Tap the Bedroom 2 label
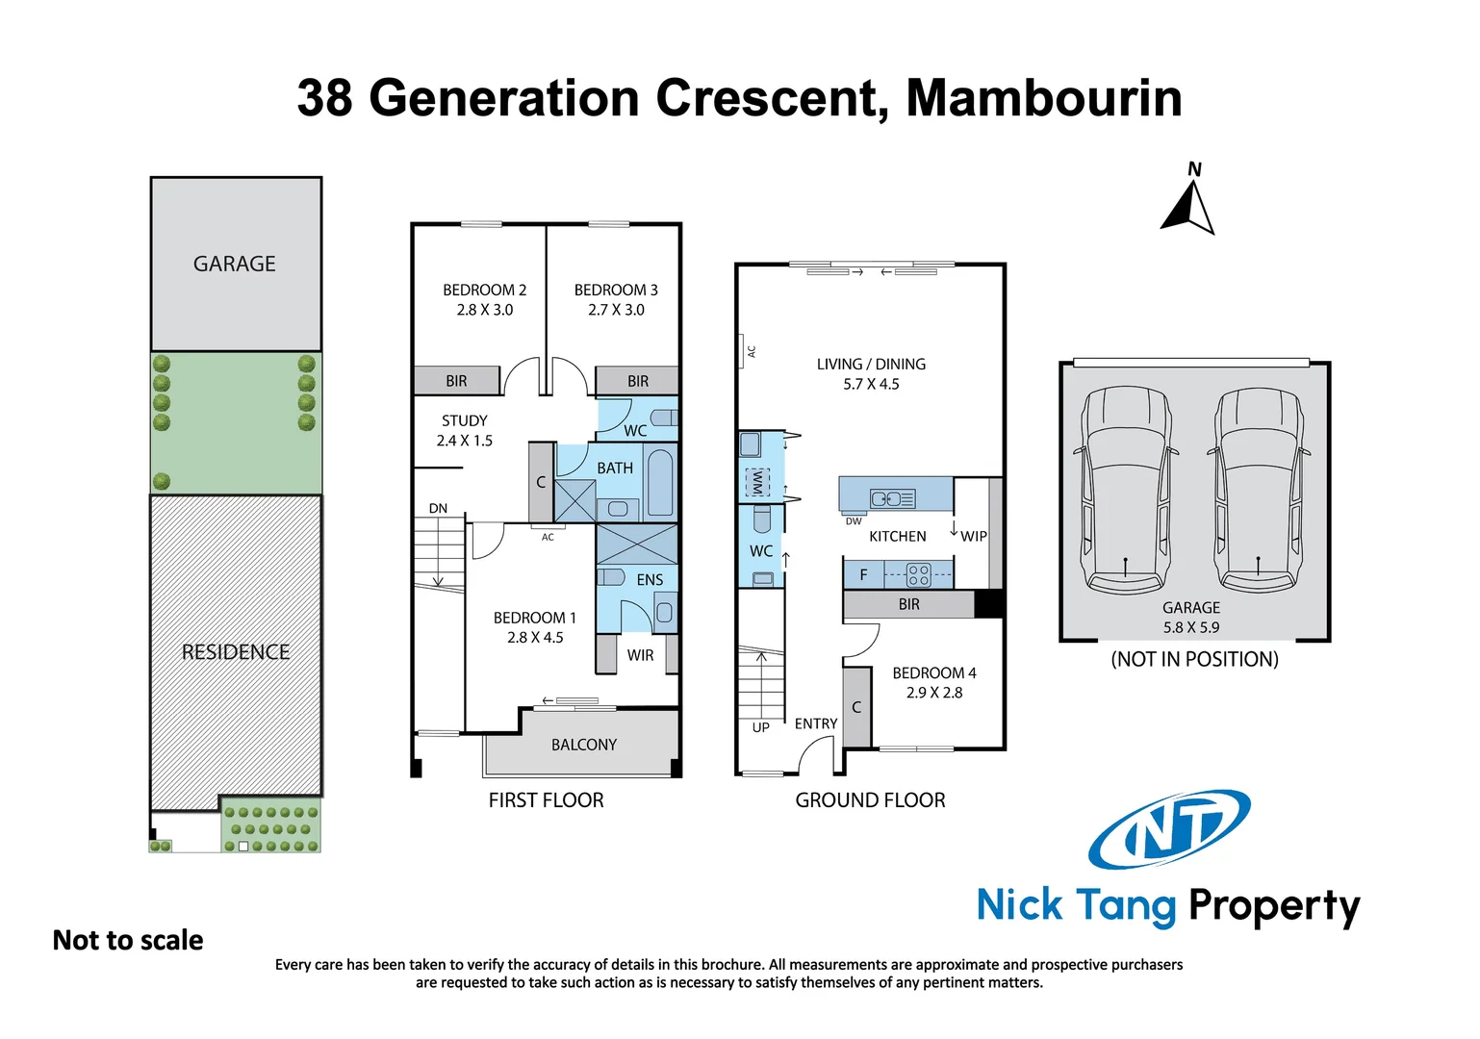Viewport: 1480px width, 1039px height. pyautogui.click(x=484, y=290)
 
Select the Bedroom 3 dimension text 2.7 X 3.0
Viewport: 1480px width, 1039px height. pyautogui.click(x=616, y=310)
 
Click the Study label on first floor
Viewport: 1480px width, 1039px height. pyautogui.click(x=464, y=420)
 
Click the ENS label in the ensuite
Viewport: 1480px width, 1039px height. pyautogui.click(x=650, y=580)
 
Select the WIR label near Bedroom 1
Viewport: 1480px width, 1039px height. pyautogui.click(x=640, y=655)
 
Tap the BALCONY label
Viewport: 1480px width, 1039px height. pyautogui.click(x=583, y=745)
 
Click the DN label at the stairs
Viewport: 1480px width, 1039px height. pyautogui.click(x=438, y=508)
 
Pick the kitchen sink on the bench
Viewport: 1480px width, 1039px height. pyautogui.click(x=892, y=498)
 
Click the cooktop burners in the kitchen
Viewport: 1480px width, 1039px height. pyautogui.click(x=918, y=575)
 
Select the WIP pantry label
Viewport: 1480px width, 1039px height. pyautogui.click(x=973, y=536)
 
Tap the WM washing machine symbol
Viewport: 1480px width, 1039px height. pyautogui.click(x=758, y=482)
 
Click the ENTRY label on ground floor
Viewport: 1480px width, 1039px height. pyautogui.click(x=815, y=723)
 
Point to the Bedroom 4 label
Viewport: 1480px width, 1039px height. pyautogui.click(x=933, y=673)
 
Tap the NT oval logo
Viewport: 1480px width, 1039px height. pyautogui.click(x=1169, y=829)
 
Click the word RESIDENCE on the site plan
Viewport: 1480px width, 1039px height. pyautogui.click(x=236, y=652)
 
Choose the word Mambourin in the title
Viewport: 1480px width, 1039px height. pyautogui.click(x=1043, y=98)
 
